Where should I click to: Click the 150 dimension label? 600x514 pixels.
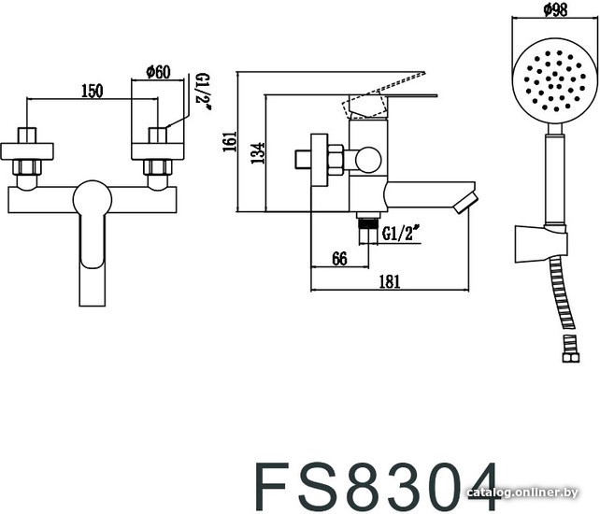[x=93, y=91]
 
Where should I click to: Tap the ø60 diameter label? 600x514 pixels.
[x=158, y=72]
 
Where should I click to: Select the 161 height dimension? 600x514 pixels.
[x=230, y=142]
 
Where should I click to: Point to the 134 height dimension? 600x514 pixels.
[x=258, y=153]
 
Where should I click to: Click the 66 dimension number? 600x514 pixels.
[x=339, y=259]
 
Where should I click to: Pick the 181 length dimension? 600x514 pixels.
[x=390, y=281]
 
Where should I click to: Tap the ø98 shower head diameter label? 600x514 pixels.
[x=555, y=9]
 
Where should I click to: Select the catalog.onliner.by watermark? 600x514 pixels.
[x=521, y=493]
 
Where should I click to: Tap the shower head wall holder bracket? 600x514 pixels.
[x=541, y=244]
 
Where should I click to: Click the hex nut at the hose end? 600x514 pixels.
[x=570, y=358]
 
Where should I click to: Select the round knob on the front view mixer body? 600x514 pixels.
[x=93, y=199]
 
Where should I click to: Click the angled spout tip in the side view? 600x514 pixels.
[x=466, y=203]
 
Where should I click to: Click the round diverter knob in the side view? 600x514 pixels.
[x=368, y=160]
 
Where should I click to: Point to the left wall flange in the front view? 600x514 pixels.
[x=27, y=151]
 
